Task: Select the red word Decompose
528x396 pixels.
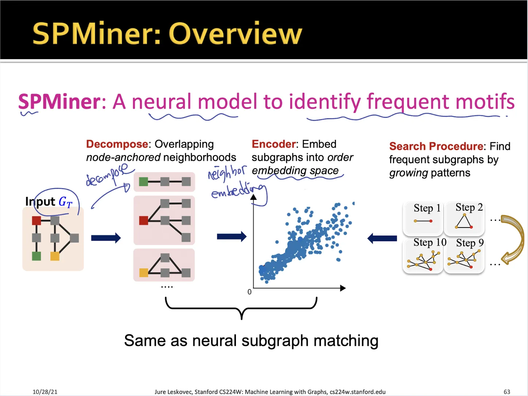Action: coord(117,144)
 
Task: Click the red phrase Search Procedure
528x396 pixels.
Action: coord(436,146)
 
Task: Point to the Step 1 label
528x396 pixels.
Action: coord(427,208)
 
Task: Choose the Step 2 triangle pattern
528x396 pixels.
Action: coord(464,221)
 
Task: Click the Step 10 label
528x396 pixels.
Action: coord(430,242)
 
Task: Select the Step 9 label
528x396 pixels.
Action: coord(470,243)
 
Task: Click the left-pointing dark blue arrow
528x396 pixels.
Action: coord(382,238)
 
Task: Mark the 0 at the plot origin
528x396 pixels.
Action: coord(249,292)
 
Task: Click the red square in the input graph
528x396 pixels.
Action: coord(36,221)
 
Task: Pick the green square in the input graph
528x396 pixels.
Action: coord(36,256)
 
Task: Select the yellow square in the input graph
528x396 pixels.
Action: coord(55,256)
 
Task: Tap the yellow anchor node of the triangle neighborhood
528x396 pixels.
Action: coord(144,272)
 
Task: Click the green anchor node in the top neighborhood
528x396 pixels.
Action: coord(144,182)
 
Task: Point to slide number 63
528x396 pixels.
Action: coord(507,392)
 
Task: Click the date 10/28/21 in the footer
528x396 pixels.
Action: coord(45,392)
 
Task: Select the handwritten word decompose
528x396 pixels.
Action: coord(107,174)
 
